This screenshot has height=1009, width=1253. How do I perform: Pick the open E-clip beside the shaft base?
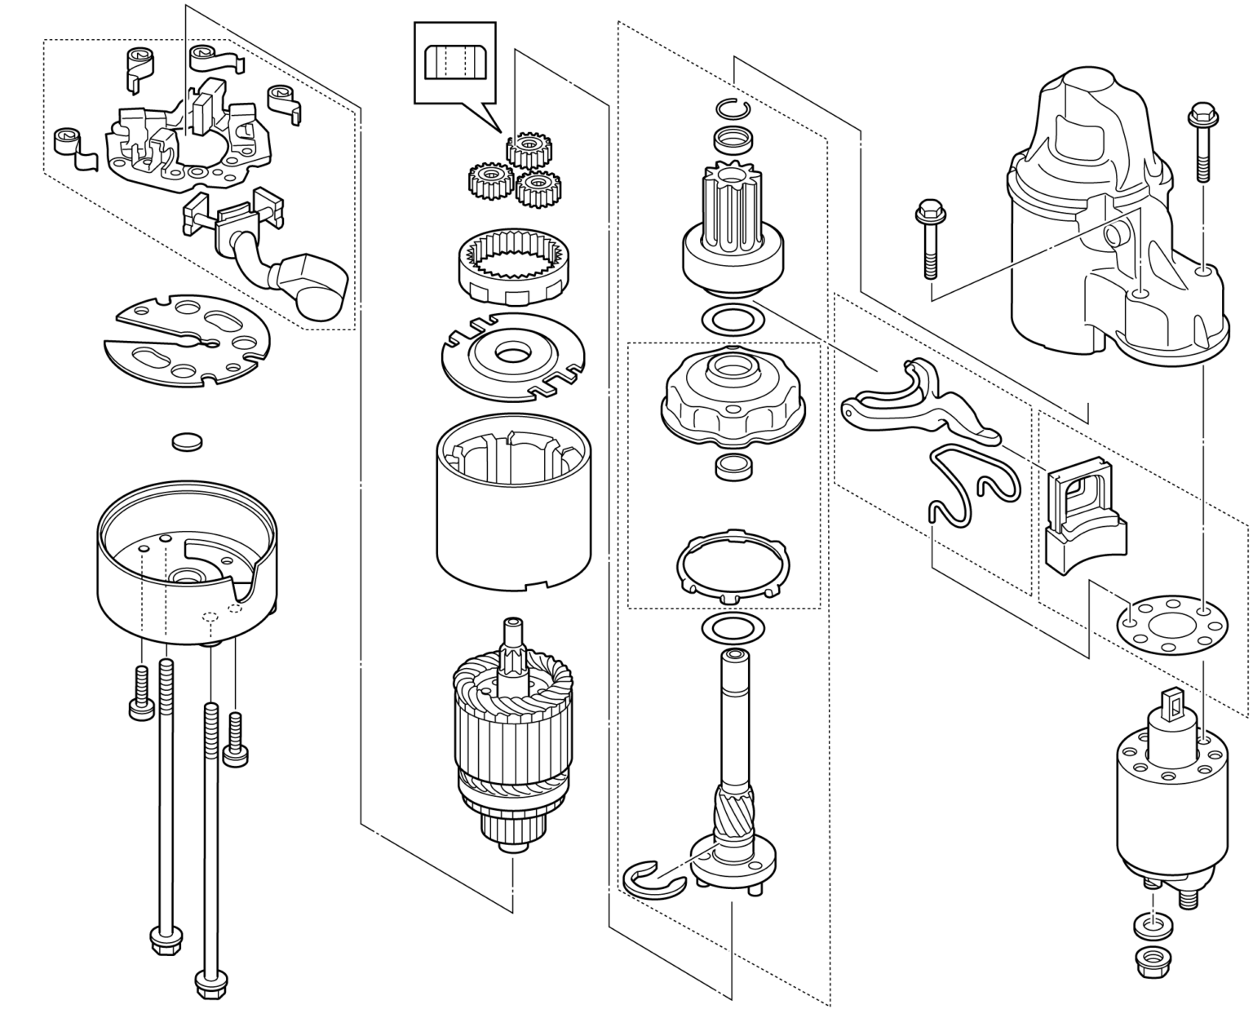point(649,881)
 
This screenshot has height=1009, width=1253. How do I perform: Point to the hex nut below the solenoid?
point(1153,958)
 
